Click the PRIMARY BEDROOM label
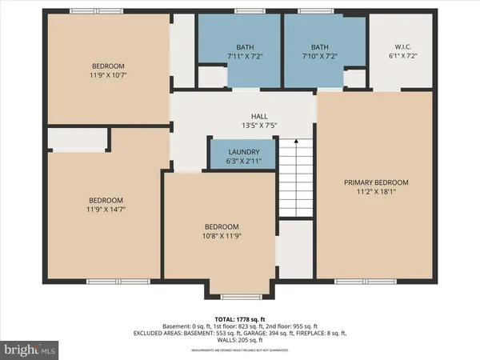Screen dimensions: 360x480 click(x=376, y=182)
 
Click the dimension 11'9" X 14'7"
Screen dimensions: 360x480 click(x=106, y=210)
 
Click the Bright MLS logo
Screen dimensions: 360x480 click(x=30, y=349)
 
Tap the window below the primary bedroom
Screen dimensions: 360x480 click(x=358, y=281)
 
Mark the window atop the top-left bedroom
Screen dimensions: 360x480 click(x=89, y=10)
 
